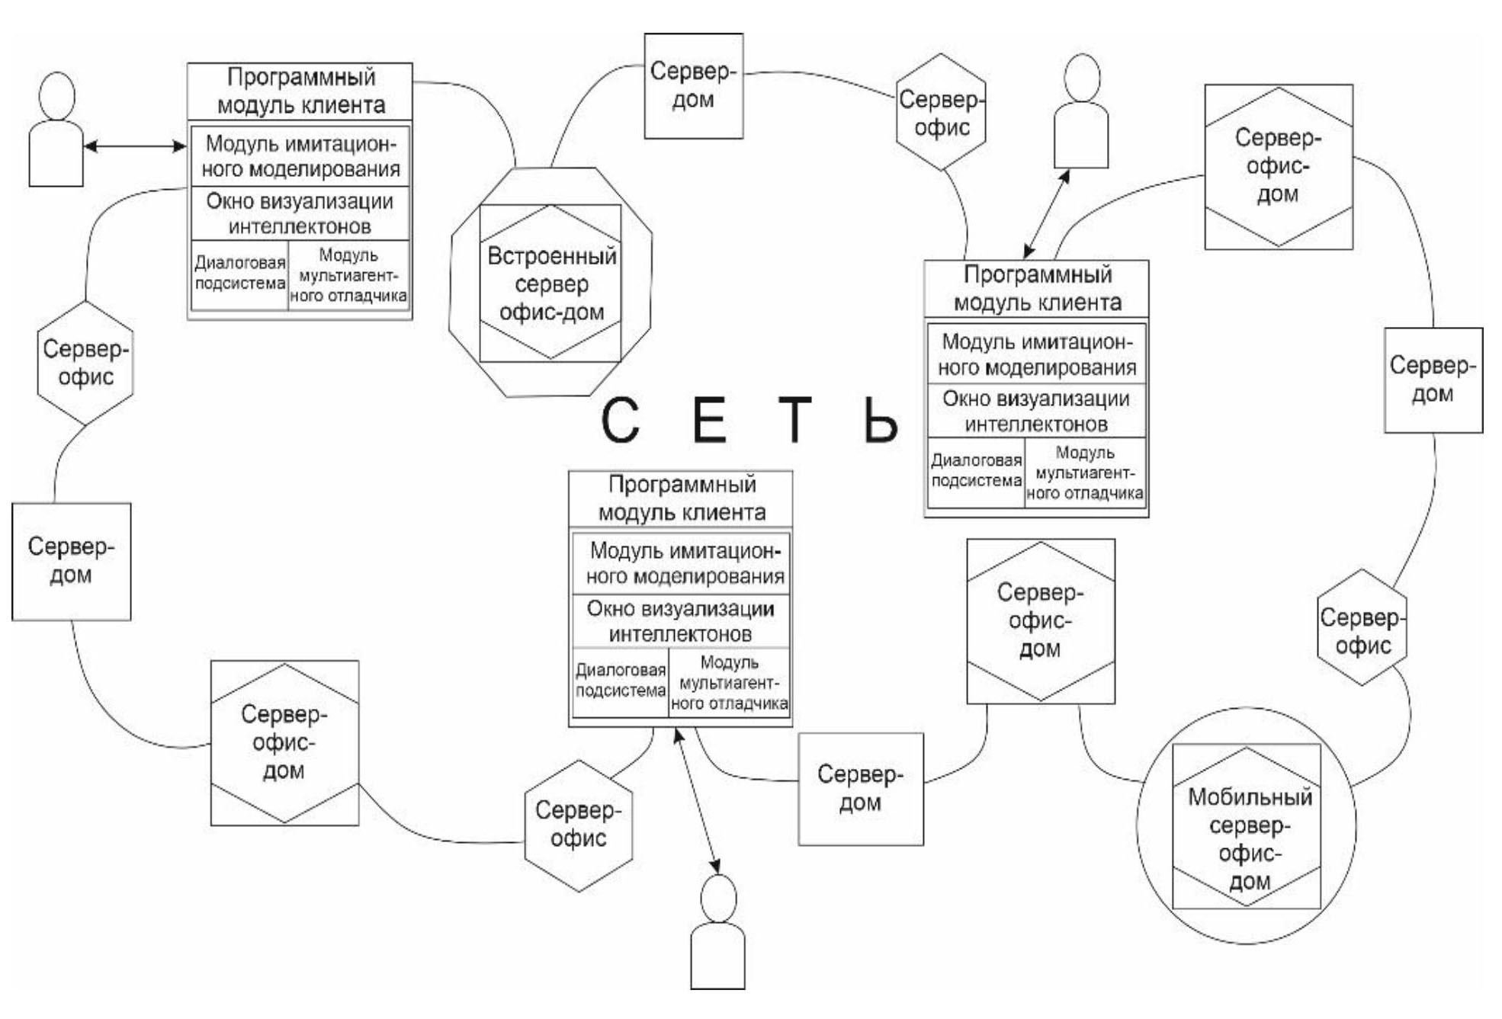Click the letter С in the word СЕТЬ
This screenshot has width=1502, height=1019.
pyautogui.click(x=620, y=420)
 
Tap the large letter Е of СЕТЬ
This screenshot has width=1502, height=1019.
pyautogui.click(x=709, y=420)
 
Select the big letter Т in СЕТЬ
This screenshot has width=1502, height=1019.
pyautogui.click(x=795, y=420)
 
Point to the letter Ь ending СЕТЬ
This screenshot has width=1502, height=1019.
pyautogui.click(x=881, y=420)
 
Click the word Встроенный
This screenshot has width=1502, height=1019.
pyautogui.click(x=551, y=256)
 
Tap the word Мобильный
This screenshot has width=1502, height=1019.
pyautogui.click(x=1250, y=797)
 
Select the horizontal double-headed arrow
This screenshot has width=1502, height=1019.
pyautogui.click(x=134, y=146)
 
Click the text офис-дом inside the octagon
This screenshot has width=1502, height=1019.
pyautogui.click(x=551, y=312)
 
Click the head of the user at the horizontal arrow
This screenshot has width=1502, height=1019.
pyautogui.click(x=56, y=95)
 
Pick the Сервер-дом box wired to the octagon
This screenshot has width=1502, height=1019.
pyautogui.click(x=693, y=85)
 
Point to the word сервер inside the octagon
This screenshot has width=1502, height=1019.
pyautogui.click(x=551, y=284)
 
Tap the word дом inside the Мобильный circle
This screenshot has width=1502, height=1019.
pyautogui.click(x=1250, y=882)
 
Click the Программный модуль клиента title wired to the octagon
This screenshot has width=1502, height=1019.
pyautogui.click(x=300, y=91)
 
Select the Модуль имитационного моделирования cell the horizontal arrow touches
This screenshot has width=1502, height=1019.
pyautogui.click(x=300, y=155)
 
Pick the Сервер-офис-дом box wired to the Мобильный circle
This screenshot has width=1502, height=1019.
pyautogui.click(x=1040, y=620)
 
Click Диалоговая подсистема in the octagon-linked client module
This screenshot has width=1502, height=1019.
pyautogui.click(x=239, y=273)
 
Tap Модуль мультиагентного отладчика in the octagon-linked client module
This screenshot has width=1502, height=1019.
pyautogui.click(x=348, y=275)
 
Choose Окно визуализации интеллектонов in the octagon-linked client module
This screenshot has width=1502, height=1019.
pyautogui.click(x=300, y=213)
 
